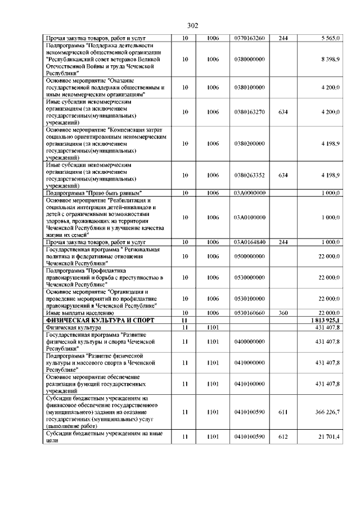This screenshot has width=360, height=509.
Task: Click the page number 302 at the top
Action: point(192,26)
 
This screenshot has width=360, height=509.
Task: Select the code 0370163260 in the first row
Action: point(249,38)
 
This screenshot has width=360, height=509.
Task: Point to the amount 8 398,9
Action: point(327,59)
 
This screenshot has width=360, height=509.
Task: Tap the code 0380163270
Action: point(249,112)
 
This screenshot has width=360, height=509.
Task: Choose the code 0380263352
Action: point(249,175)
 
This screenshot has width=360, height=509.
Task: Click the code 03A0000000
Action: point(249,193)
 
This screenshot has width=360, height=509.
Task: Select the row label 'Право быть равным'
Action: point(93,193)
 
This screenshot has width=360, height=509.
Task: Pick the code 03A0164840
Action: point(249,242)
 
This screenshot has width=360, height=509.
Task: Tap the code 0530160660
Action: point(249,313)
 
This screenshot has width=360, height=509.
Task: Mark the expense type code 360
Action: point(283,313)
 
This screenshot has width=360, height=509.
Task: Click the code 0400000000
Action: point(249,341)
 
